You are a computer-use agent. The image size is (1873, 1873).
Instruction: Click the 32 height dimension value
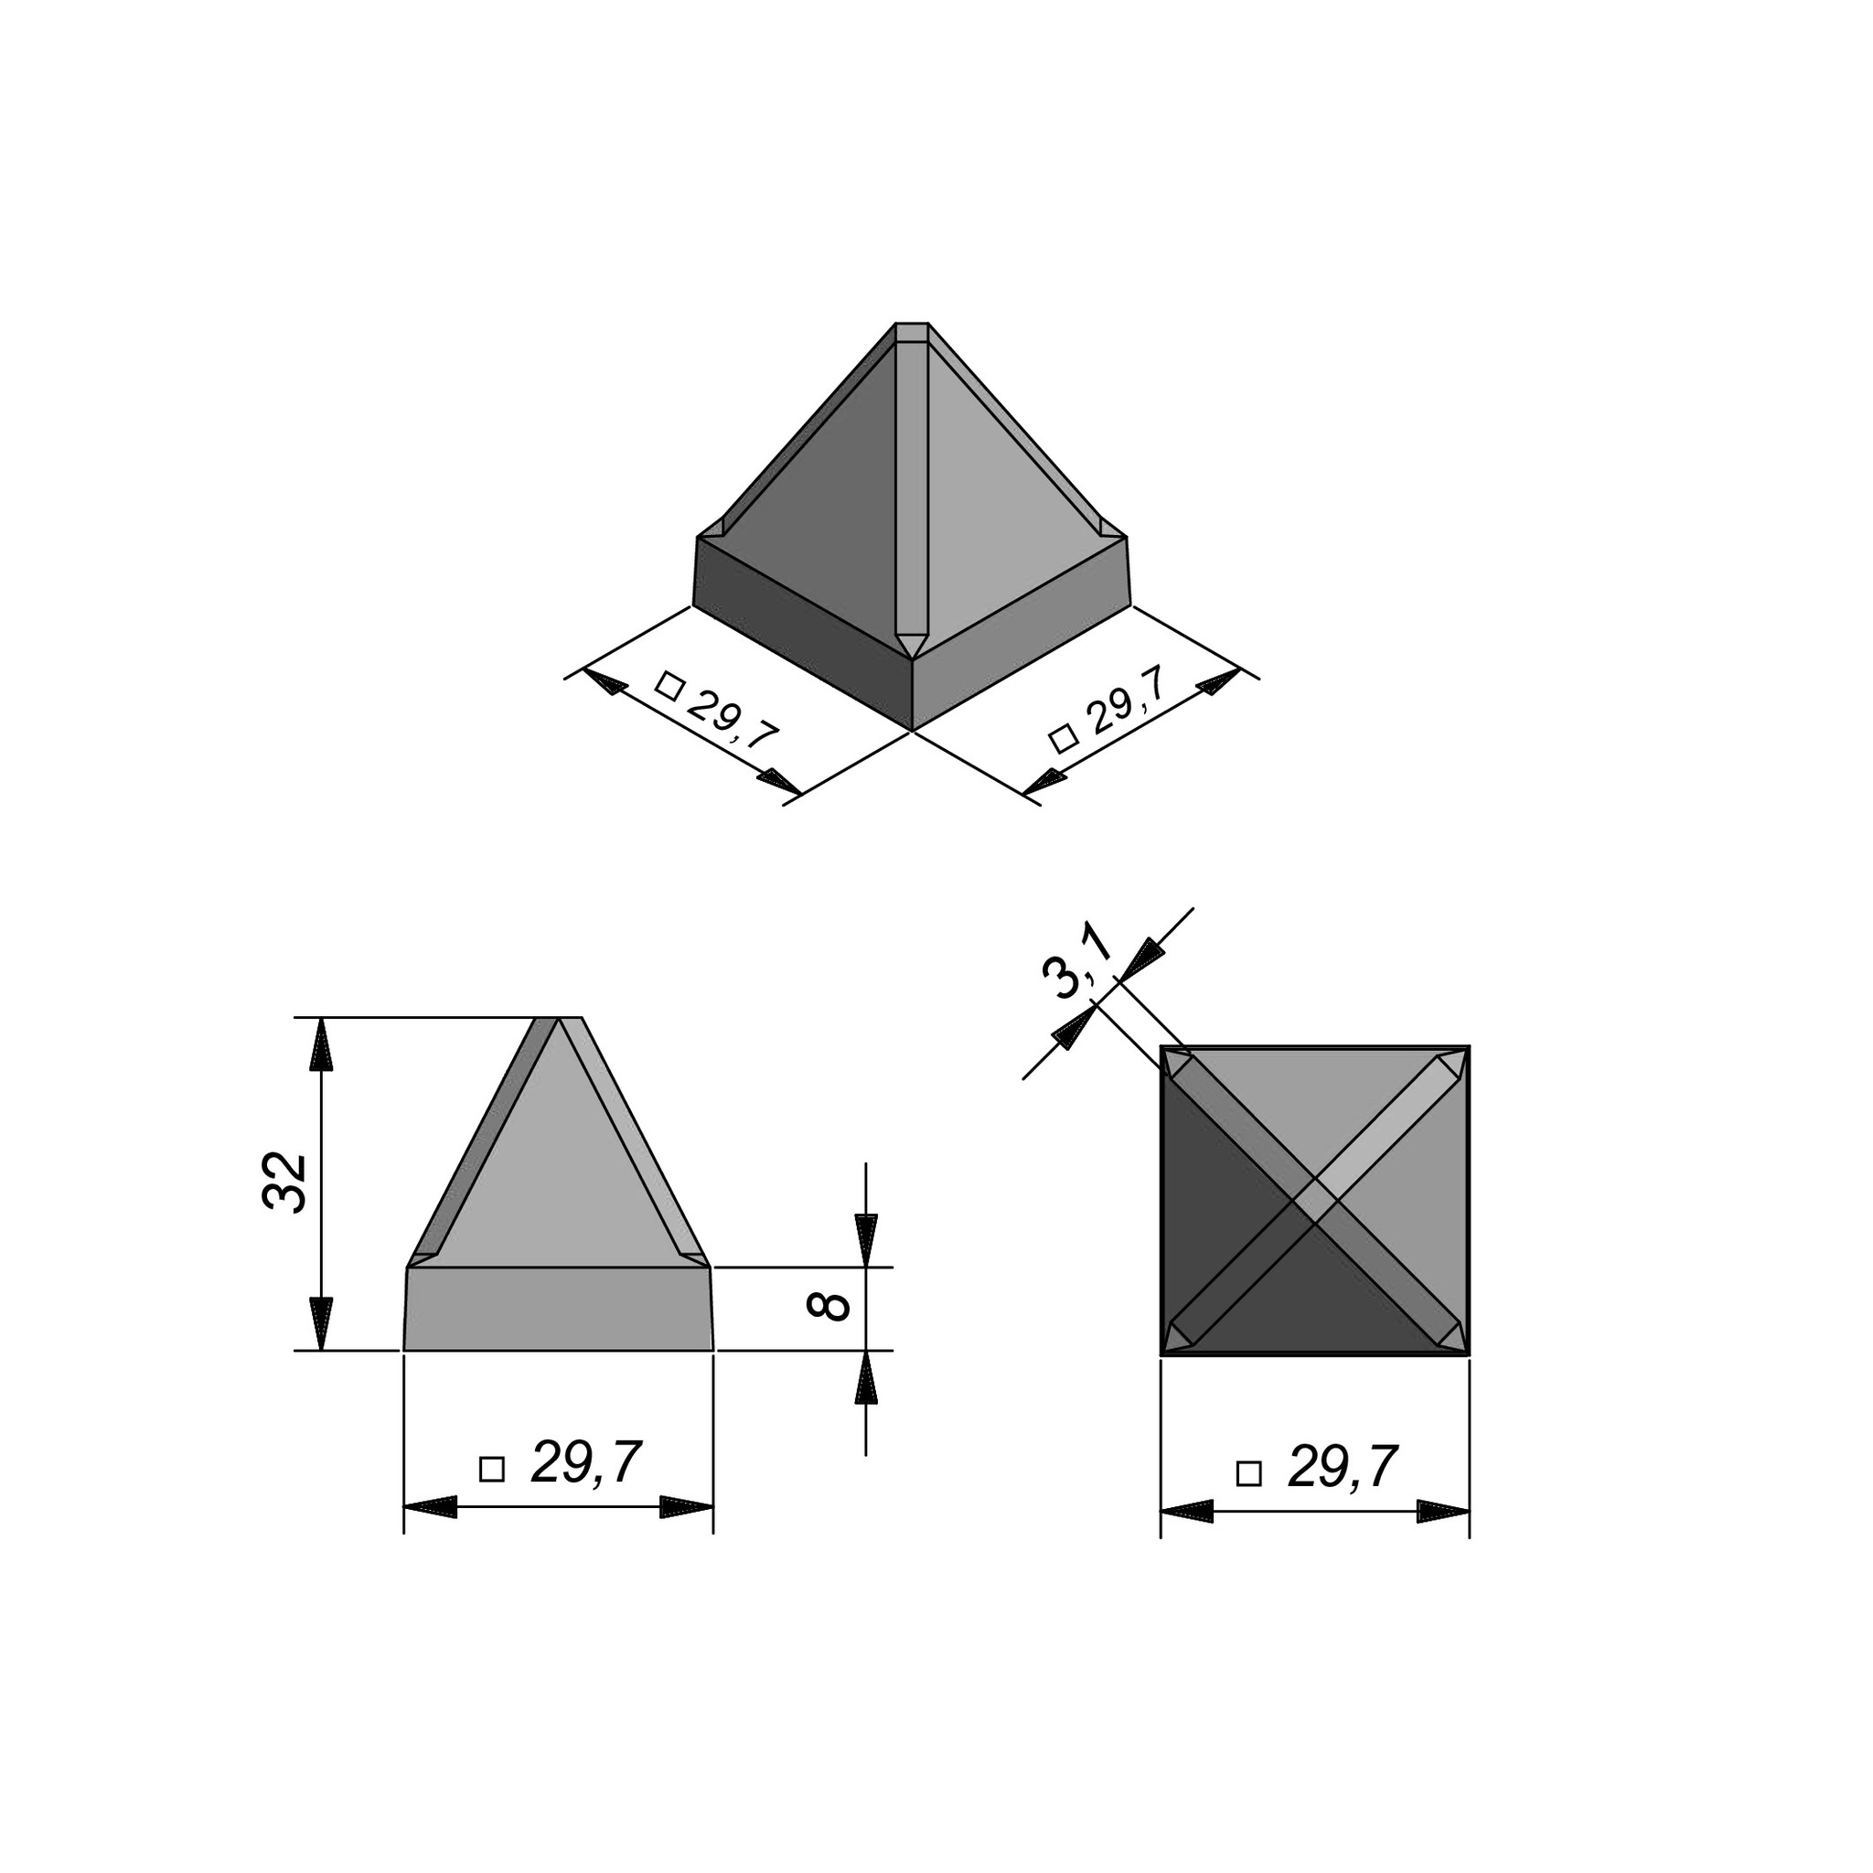[x=285, y=1182]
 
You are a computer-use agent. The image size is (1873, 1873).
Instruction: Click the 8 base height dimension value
[x=828, y=1306]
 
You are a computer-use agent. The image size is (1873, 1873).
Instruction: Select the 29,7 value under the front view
[x=586, y=1463]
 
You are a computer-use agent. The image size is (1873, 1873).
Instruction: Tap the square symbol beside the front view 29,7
[x=493, y=1469]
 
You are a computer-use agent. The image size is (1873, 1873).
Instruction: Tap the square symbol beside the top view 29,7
[x=1249, y=1473]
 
